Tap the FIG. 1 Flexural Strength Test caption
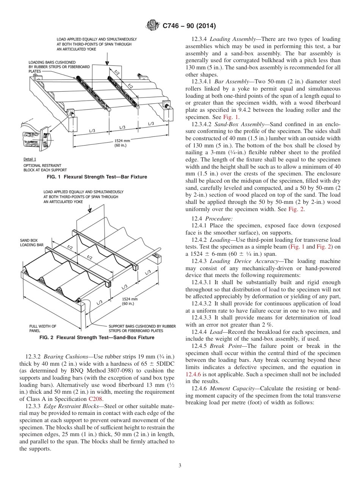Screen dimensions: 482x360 [x=97, y=177]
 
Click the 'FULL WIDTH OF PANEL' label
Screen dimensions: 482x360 [x=42, y=328]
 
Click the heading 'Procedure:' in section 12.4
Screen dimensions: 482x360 [x=219, y=219]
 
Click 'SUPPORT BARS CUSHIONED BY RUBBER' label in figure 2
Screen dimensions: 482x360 [x=142, y=326]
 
